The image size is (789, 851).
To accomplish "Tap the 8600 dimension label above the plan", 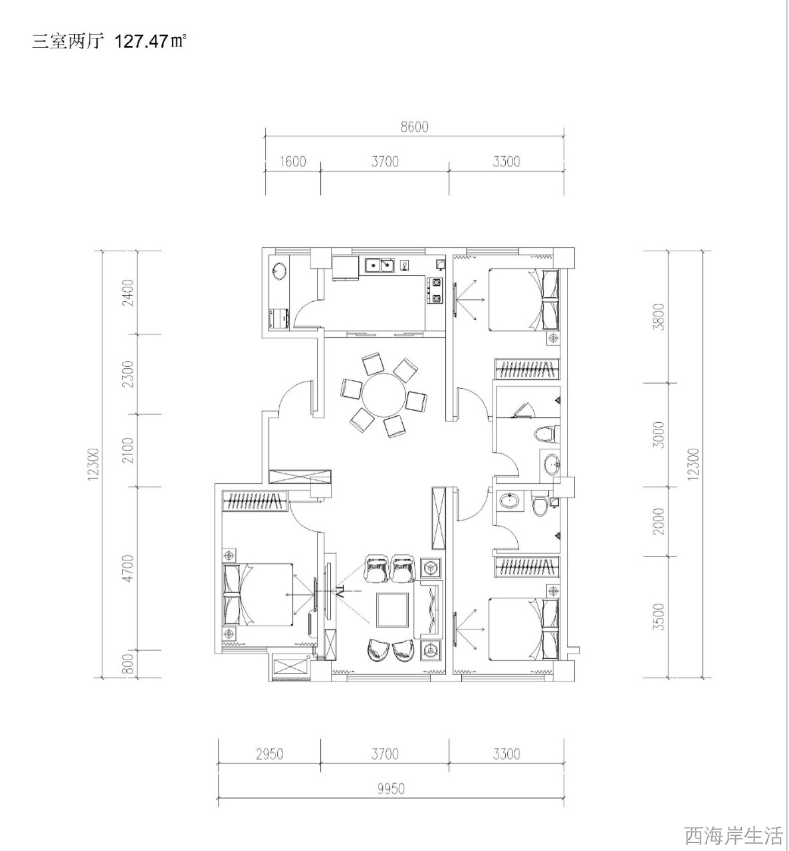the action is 414,127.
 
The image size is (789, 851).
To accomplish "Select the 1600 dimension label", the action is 292,162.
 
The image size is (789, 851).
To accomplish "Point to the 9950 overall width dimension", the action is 391,789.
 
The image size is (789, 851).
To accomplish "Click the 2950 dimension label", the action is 269,754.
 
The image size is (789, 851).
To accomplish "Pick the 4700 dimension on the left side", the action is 128,568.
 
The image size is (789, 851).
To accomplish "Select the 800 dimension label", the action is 128,664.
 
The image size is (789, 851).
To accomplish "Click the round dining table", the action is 384,395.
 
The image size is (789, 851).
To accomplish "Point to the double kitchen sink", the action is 380,265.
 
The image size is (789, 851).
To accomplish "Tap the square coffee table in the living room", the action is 392,609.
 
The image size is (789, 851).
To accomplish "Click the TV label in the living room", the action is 341,592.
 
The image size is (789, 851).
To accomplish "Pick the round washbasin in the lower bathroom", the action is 510,500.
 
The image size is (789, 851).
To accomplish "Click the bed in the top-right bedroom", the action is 524,300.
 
